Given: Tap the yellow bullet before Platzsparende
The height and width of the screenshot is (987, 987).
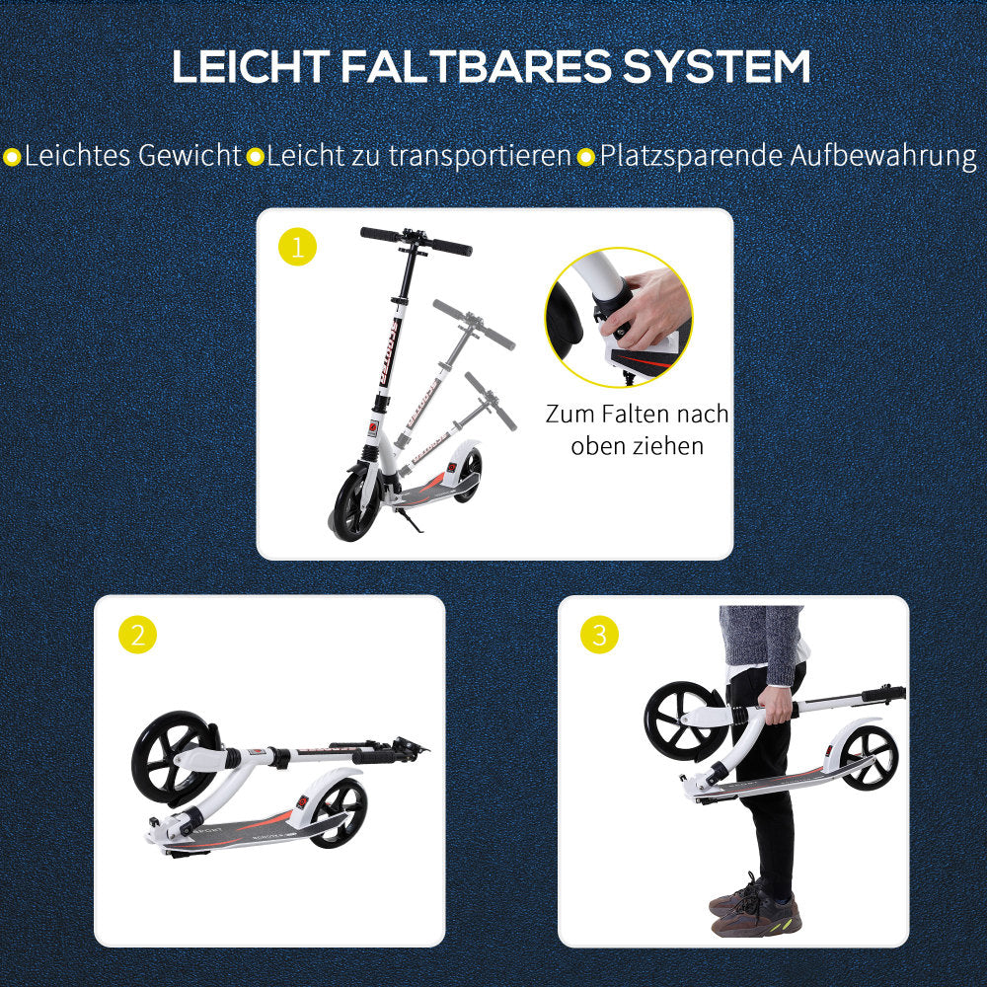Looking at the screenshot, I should coord(586,157).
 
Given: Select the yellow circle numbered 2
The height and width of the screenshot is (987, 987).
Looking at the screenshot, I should coord(137,635).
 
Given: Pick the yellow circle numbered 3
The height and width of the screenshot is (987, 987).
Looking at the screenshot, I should coord(599,635).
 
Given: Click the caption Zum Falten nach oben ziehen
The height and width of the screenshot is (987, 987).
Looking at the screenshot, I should coord(637,429).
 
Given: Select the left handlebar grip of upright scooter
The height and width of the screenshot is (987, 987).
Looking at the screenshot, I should coord(380,234).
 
